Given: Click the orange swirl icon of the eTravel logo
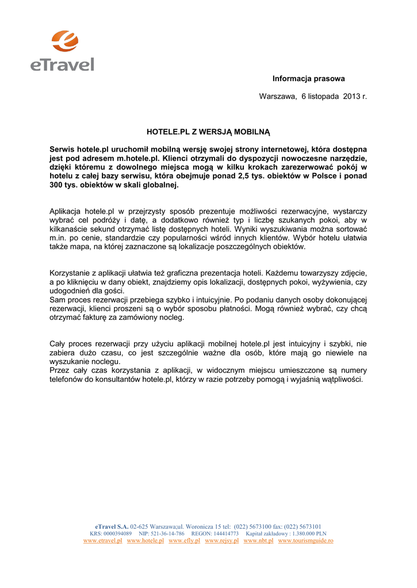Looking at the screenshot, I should pos(64,41).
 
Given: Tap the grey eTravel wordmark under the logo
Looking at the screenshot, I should pos(62,64).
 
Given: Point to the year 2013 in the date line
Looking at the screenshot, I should pos(351,96).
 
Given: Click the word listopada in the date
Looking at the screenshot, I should pos(324,96).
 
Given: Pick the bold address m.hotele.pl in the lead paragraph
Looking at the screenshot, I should pos(137,158).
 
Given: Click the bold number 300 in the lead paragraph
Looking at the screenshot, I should pos(56,185).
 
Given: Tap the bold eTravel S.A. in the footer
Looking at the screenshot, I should pos(112,526).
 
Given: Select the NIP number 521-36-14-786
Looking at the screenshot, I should pos(167,533).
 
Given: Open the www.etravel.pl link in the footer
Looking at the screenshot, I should pos(103,541).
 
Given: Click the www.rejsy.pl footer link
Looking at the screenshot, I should pos(221,541).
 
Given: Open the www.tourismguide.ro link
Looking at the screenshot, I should pos(305,541).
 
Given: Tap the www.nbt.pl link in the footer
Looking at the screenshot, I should pos(258,541).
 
